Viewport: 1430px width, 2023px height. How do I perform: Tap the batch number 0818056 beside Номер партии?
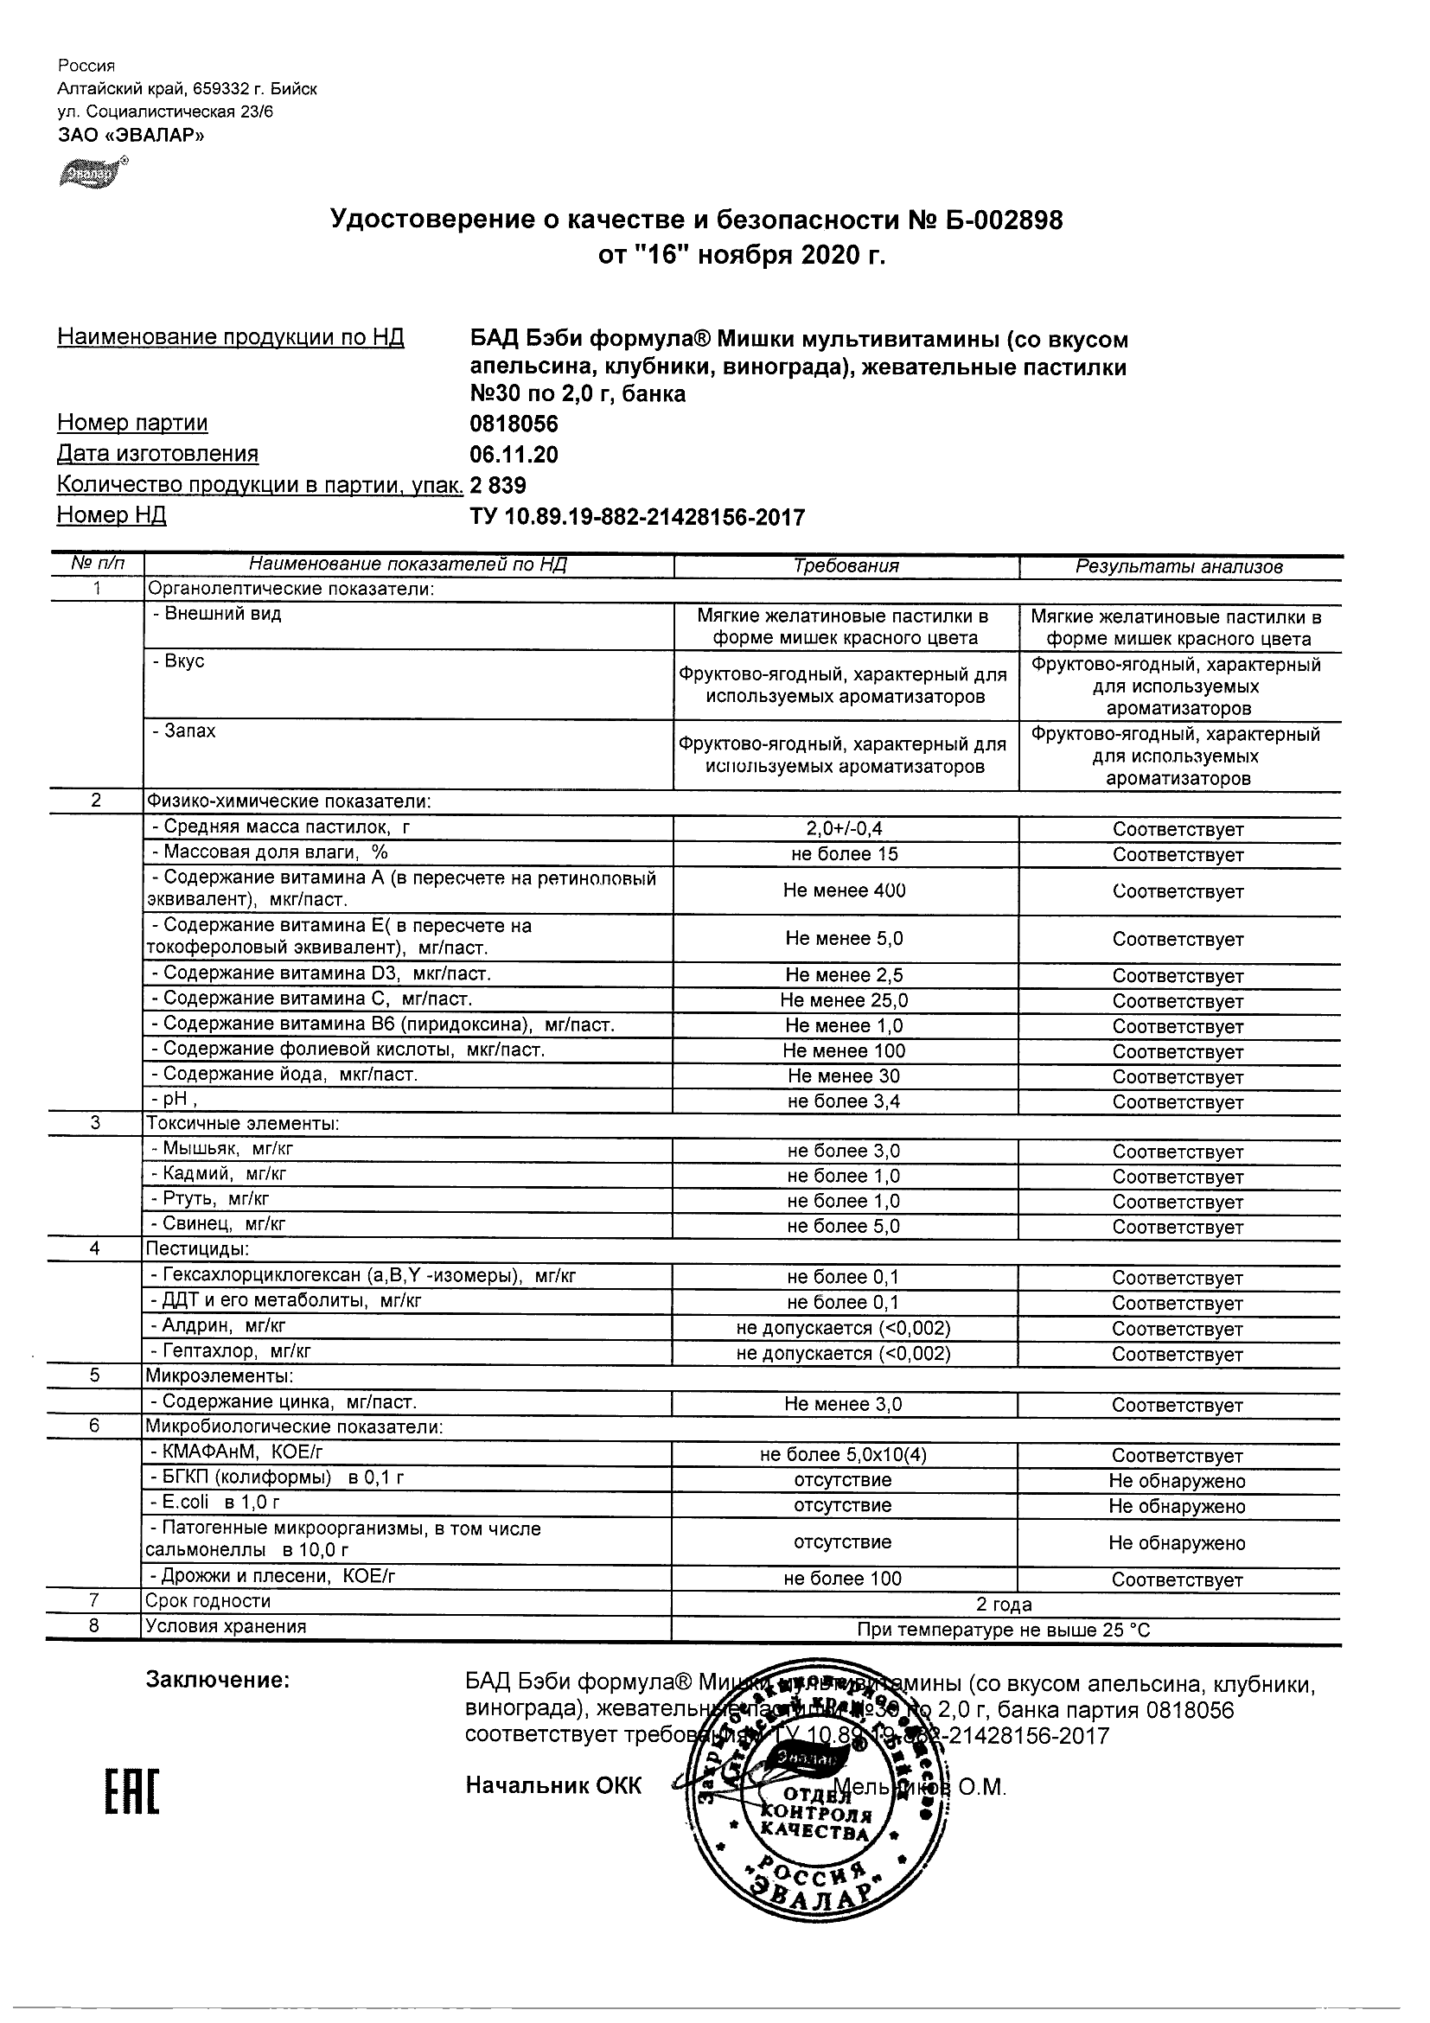click(514, 424)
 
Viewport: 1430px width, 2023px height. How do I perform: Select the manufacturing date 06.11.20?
click(514, 455)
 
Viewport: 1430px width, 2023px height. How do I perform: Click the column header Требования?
click(846, 566)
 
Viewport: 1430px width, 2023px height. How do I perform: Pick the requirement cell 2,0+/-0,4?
click(844, 828)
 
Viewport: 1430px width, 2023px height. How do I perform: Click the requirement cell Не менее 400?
click(844, 890)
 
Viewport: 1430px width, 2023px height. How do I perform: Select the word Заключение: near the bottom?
click(217, 1681)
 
